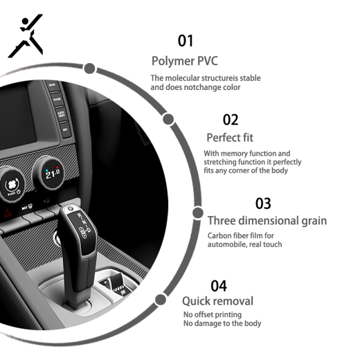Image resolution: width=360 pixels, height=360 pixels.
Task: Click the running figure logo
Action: (x=25, y=35)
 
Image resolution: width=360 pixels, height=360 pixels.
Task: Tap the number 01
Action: (x=186, y=41)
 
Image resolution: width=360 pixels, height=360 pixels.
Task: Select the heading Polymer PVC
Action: (x=184, y=61)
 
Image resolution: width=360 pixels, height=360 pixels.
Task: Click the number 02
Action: (x=231, y=120)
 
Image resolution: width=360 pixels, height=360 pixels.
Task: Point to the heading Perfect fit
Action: (x=230, y=138)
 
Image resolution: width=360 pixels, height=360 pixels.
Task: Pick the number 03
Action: (x=263, y=204)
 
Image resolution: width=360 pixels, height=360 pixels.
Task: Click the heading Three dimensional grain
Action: (x=267, y=221)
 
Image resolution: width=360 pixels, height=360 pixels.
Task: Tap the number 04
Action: (x=219, y=286)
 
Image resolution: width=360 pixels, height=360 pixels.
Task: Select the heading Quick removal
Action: (x=218, y=301)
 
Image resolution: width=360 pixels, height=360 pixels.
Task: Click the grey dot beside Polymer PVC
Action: (x=89, y=69)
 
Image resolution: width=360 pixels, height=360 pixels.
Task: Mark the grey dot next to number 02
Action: (x=168, y=119)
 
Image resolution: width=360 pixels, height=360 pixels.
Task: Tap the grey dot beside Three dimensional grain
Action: (x=197, y=213)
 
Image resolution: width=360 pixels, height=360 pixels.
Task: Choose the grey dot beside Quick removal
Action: (x=160, y=300)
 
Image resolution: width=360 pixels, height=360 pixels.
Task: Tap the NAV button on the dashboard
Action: (x=66, y=130)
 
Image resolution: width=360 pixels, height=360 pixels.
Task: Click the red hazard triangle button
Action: (x=8, y=213)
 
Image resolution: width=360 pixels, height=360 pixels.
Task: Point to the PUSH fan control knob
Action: (x=12, y=186)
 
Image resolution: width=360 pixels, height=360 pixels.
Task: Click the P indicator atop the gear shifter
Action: (x=70, y=209)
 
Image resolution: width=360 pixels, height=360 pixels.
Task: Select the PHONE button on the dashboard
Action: (x=57, y=100)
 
